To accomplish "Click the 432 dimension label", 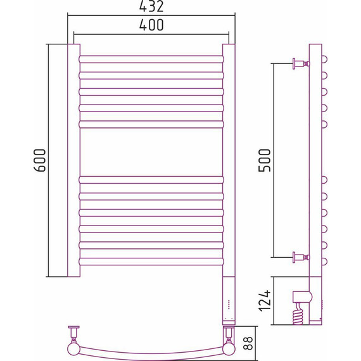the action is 151,6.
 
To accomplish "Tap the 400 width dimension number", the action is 151,25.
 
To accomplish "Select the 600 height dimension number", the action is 40,160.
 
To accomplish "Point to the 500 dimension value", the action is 265,160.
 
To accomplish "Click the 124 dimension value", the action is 265,301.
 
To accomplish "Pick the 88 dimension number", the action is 248,343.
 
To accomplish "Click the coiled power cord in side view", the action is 298,313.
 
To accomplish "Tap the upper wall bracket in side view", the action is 301,63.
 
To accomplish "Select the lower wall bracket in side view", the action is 301,257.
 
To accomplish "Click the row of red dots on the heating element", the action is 229,304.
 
